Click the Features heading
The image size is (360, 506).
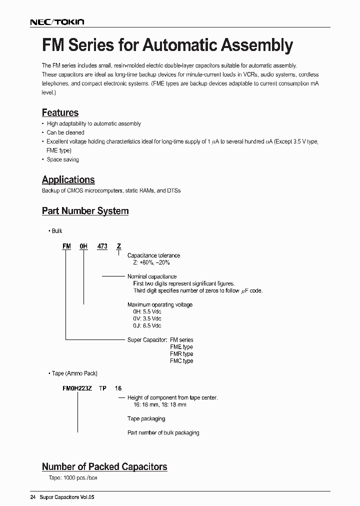click(x=60, y=113)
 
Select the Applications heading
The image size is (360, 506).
click(x=68, y=180)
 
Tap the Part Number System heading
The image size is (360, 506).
click(x=85, y=211)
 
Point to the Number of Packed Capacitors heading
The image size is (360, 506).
click(x=104, y=466)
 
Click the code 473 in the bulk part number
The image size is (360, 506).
click(x=102, y=246)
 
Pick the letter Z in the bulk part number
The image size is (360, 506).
click(x=118, y=246)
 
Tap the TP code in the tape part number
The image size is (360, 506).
click(x=102, y=388)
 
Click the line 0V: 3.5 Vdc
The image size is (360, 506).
click(x=145, y=318)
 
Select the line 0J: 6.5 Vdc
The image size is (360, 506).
click(x=145, y=325)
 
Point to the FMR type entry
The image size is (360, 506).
click(x=181, y=353)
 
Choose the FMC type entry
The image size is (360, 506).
click(x=181, y=360)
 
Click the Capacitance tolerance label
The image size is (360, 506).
click(x=153, y=255)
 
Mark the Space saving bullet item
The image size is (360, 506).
click(x=62, y=159)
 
